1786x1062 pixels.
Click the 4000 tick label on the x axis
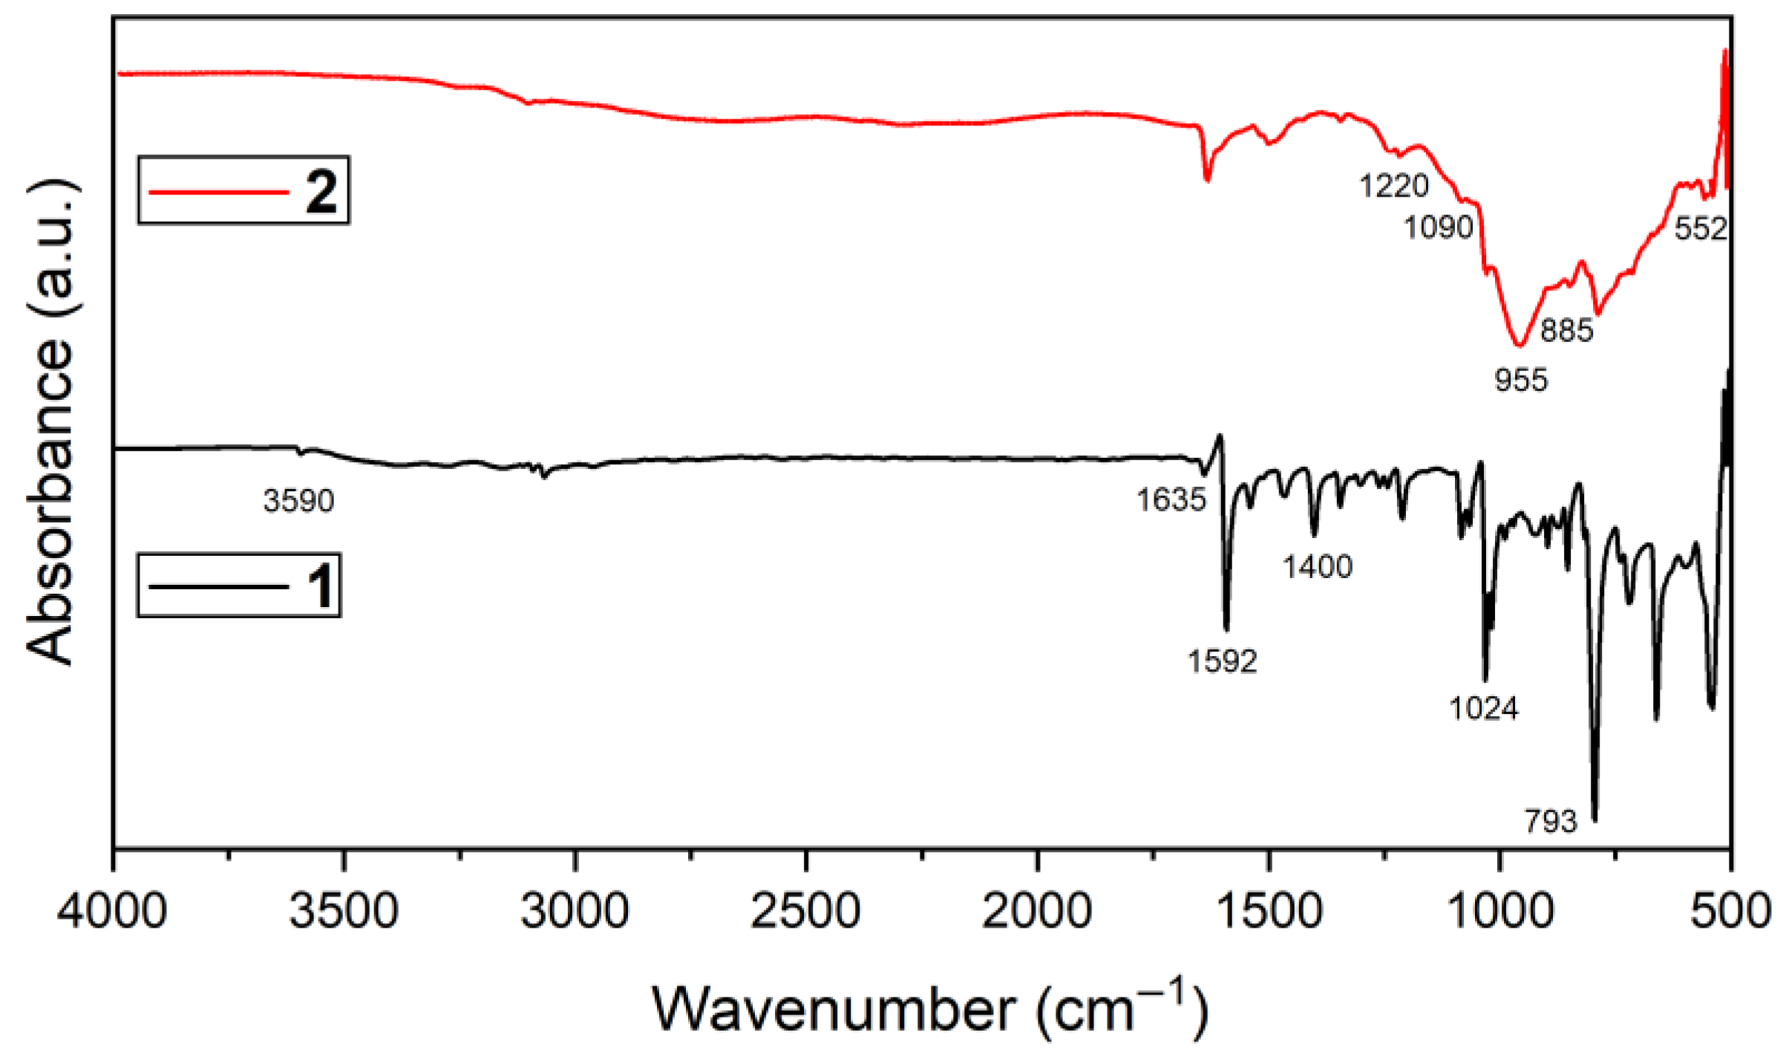pyautogui.click(x=112, y=911)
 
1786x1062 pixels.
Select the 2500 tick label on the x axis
pyautogui.click(x=805, y=911)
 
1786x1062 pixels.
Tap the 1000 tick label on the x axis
pyautogui.click(x=1500, y=911)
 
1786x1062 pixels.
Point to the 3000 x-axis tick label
pyautogui.click(x=575, y=911)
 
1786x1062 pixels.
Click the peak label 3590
pyautogui.click(x=298, y=502)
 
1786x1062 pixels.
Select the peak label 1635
pyautogui.click(x=1171, y=500)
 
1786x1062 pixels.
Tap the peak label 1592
pyautogui.click(x=1222, y=661)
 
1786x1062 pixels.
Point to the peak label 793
pyautogui.click(x=1551, y=822)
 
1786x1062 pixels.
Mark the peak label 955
pyautogui.click(x=1521, y=381)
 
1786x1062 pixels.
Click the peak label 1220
pyautogui.click(x=1393, y=186)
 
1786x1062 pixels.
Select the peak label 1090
pyautogui.click(x=1438, y=228)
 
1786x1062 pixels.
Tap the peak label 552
pyautogui.click(x=1701, y=229)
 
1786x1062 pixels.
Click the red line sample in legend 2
pyautogui.click(x=218, y=192)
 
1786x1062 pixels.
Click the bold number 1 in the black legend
pyautogui.click(x=321, y=586)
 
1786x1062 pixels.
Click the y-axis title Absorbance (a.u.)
pyautogui.click(x=50, y=423)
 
